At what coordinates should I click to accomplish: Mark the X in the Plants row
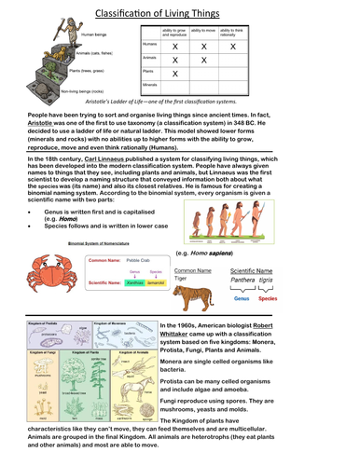[174, 74]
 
